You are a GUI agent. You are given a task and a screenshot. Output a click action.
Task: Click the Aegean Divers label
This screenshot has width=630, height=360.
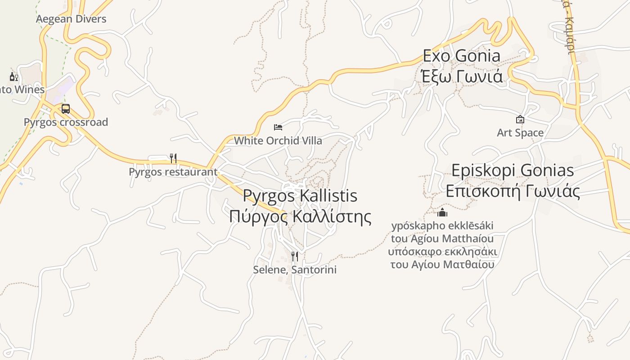(71, 19)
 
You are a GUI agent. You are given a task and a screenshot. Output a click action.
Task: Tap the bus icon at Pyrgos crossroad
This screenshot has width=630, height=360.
(66, 109)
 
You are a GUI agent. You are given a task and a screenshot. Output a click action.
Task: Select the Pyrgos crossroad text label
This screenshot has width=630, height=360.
(66, 122)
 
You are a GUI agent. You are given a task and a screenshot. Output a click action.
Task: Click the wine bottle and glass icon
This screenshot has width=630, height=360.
(13, 77)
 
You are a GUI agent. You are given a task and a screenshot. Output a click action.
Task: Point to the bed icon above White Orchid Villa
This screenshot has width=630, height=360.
(278, 127)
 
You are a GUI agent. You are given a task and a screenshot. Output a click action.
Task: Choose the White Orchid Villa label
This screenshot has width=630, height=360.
(278, 141)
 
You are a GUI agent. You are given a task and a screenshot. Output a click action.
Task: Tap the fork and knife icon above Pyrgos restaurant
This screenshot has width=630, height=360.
(173, 158)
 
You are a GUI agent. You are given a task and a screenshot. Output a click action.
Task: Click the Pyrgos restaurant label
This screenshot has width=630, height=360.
(173, 172)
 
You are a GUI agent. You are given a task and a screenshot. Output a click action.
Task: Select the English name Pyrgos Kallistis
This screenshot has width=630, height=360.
(300, 196)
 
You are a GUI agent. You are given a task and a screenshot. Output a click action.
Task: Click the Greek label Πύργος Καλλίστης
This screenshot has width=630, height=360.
(300, 217)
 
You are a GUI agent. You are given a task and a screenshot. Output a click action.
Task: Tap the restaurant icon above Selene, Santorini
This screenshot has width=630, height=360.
(295, 256)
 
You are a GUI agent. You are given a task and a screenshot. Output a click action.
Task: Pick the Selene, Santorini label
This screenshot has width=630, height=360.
(295, 270)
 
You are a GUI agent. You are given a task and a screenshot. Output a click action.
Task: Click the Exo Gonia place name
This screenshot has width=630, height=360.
(462, 56)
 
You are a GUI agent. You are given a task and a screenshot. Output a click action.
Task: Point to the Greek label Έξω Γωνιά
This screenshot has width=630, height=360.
(462, 76)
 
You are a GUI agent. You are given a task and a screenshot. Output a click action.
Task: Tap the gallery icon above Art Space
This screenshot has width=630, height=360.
(520, 119)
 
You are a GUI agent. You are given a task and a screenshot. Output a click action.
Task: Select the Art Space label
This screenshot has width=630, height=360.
(520, 133)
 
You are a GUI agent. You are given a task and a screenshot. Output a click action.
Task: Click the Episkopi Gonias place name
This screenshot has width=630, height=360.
(513, 171)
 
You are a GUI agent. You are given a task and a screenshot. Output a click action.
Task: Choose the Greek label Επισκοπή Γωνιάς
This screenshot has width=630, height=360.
(513, 191)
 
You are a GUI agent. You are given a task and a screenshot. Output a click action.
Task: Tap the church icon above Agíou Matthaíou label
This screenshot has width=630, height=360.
(442, 212)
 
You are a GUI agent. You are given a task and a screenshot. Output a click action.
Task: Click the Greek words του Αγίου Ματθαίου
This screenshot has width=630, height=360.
(442, 264)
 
